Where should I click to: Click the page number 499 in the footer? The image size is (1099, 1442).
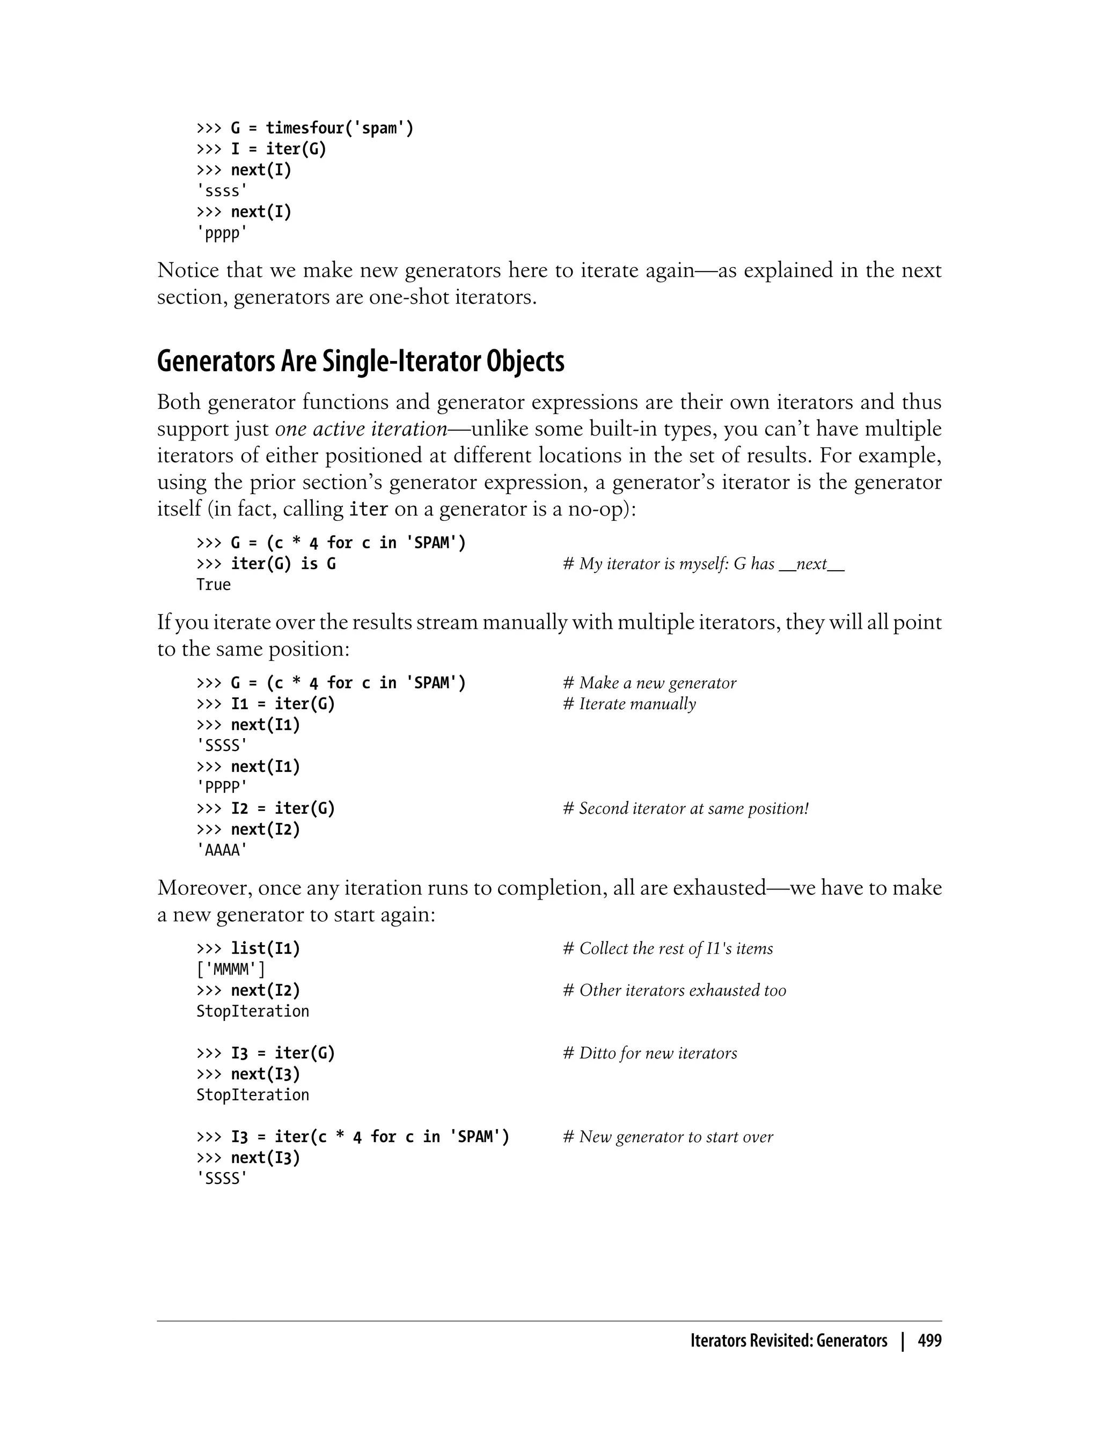pos(929,1341)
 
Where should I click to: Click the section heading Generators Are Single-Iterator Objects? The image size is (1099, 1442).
pos(361,362)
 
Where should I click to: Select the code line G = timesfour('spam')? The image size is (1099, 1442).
pos(305,128)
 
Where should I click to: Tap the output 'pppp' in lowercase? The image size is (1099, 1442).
pos(222,233)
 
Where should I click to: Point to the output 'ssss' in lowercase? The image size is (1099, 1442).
pos(222,191)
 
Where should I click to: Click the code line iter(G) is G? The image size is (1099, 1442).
pos(266,564)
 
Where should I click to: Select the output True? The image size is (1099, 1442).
pos(213,585)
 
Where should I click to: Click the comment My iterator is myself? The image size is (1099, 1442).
pos(703,564)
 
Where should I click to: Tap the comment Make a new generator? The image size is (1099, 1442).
pos(650,683)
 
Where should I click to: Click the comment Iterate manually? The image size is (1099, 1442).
pos(629,704)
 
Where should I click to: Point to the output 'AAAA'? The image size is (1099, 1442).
pos(222,850)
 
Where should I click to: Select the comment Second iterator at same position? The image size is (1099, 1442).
pos(686,808)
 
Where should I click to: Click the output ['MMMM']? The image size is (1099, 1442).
pos(231,969)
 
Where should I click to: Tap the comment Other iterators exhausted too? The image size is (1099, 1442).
pos(675,990)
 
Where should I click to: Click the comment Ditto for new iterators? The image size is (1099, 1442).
pos(650,1053)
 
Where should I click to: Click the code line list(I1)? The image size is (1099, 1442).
pos(248,948)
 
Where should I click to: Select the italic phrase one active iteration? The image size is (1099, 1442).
pos(361,429)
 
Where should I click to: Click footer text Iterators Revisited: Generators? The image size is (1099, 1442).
pos(789,1341)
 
